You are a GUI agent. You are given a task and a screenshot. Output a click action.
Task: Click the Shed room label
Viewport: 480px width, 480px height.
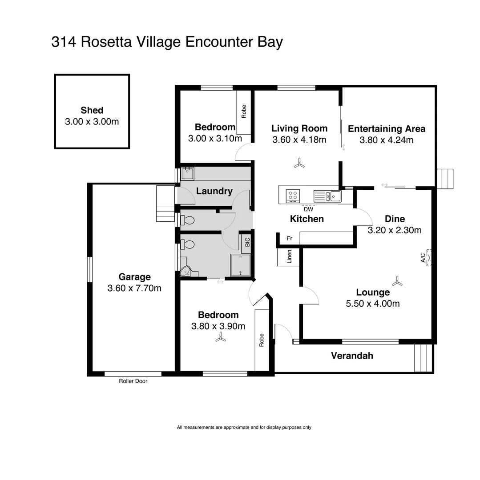tap(92, 110)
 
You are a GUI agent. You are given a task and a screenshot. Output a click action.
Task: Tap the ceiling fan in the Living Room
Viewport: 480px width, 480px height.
tap(299, 164)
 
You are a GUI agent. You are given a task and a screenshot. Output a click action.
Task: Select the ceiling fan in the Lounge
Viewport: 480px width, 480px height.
tap(397, 281)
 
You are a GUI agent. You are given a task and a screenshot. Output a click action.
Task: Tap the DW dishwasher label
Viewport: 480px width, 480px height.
tap(308, 209)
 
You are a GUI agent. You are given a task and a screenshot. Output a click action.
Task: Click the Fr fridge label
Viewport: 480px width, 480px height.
tap(289, 238)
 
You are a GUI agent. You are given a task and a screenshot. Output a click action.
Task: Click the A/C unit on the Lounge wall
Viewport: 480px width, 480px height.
tap(429, 257)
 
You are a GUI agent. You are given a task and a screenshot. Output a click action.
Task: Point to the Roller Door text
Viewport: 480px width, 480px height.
tap(133, 381)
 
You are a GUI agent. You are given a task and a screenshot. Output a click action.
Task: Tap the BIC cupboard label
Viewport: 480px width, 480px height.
tap(247, 242)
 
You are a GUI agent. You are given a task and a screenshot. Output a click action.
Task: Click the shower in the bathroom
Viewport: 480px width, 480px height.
tap(241, 265)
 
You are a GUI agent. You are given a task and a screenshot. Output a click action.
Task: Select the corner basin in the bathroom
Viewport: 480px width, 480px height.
tap(186, 271)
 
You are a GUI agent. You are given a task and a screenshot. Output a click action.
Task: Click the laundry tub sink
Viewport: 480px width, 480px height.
tap(187, 173)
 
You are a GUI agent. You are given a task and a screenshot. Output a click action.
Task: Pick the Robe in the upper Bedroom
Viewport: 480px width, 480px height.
tap(243, 112)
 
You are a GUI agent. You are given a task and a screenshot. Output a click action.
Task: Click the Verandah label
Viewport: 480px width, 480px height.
tap(352, 356)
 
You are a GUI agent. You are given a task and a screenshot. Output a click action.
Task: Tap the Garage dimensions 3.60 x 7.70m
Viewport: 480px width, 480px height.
tap(134, 288)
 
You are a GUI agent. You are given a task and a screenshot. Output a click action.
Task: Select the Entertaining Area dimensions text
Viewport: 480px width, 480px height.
tap(386, 140)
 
